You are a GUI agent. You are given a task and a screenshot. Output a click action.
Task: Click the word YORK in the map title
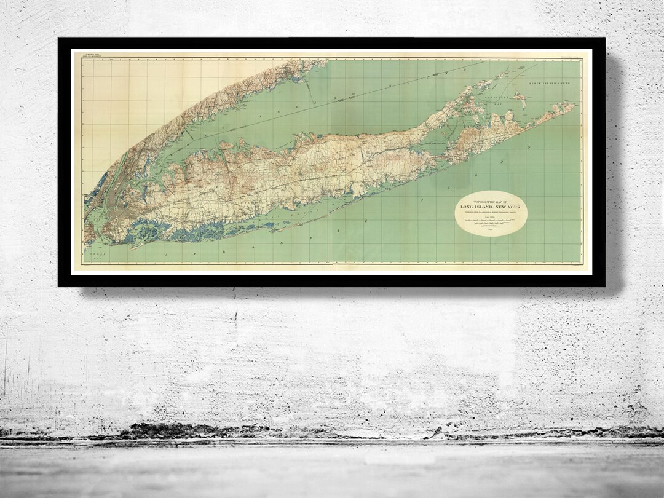(x=512, y=206)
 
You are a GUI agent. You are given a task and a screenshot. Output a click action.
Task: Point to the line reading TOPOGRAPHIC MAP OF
(x=491, y=200)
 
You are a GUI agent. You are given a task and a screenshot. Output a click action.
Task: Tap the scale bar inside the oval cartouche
(x=490, y=219)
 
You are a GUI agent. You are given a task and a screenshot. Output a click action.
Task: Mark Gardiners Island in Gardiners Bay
(x=521, y=98)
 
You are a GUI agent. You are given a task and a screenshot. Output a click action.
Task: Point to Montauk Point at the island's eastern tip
(x=574, y=105)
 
